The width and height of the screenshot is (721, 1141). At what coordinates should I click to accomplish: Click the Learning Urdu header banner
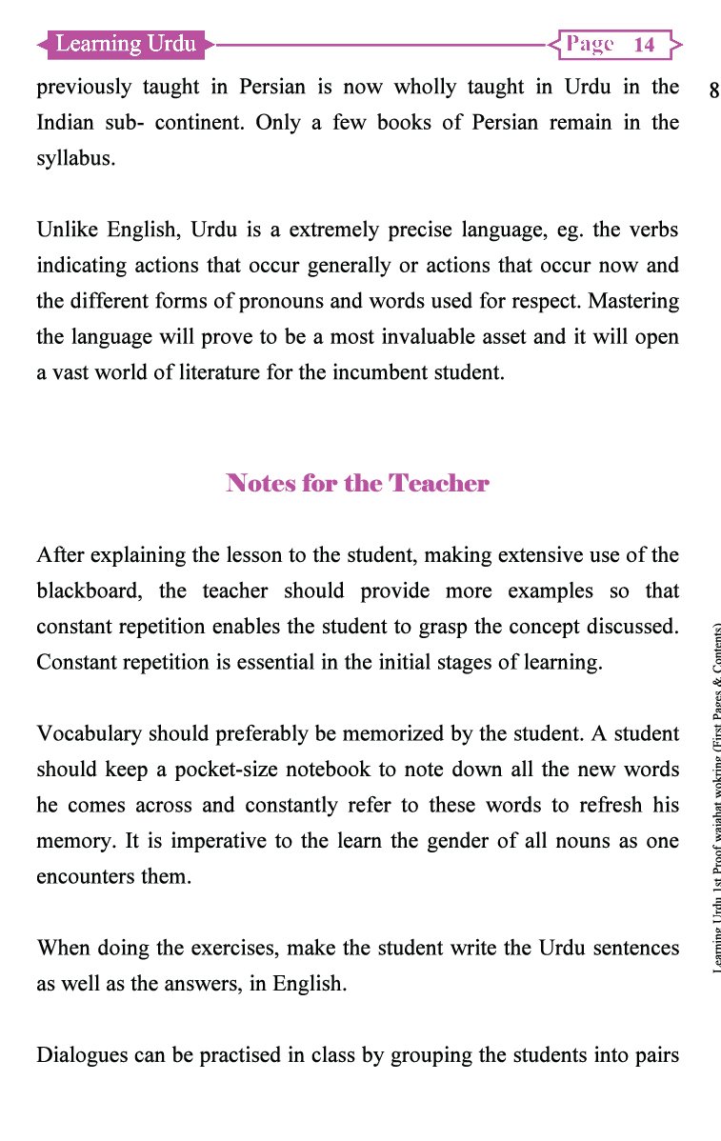tap(126, 44)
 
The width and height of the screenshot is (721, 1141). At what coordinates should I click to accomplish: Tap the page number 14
tap(644, 45)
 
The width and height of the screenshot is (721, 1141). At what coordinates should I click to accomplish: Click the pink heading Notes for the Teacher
tap(357, 483)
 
